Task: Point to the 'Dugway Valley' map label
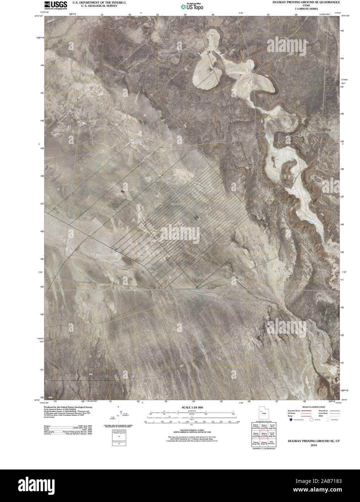pyautogui.click(x=178, y=204)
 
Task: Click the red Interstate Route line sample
pyautogui.click(x=307, y=411)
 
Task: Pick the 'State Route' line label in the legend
pyautogui.click(x=323, y=411)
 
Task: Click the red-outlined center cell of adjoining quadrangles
pyautogui.click(x=263, y=436)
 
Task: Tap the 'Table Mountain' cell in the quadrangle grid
pyautogui.click(x=272, y=443)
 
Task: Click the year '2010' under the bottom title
pyautogui.click(x=313, y=445)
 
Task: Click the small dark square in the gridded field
pyautogui.click(x=196, y=218)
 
